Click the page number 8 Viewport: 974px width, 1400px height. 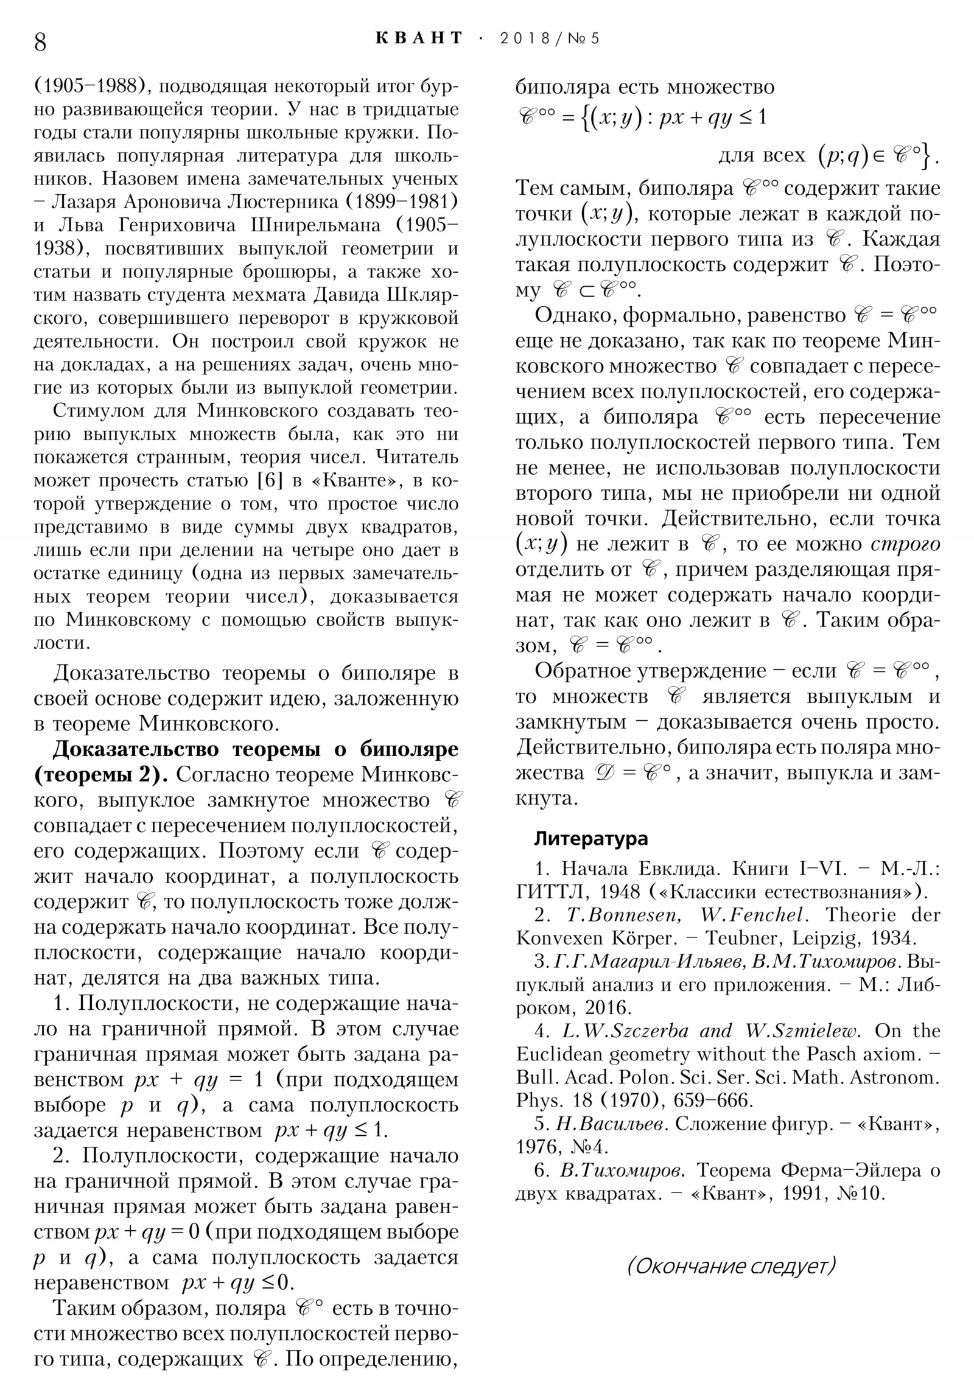[40, 42]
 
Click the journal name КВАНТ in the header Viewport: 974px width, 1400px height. [419, 38]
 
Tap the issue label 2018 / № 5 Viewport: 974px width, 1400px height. [549, 38]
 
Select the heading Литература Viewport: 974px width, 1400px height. [590, 838]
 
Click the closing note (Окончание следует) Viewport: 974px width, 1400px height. [730, 1267]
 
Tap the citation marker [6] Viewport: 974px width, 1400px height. [270, 480]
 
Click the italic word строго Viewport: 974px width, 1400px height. [905, 544]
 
